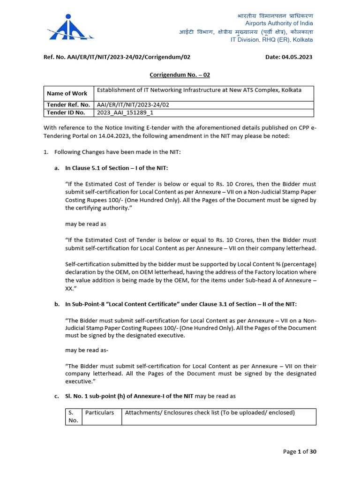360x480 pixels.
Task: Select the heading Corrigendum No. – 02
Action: coord(180,75)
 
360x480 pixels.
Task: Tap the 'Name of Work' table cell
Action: coord(67,93)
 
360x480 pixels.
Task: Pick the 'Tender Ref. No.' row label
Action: coord(68,105)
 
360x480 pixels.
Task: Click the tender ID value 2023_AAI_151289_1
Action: coord(125,112)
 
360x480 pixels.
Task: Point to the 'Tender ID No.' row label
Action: coord(66,112)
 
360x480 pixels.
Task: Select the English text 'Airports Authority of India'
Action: coord(279,23)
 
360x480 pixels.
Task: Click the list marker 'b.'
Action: coord(57,304)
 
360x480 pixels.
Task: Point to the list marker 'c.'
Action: coord(57,396)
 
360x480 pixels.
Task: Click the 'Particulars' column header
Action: coord(99,413)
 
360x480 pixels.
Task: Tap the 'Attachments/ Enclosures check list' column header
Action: coord(210,413)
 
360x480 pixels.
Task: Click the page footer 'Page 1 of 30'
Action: coord(300,451)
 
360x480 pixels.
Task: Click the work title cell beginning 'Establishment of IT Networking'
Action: coord(199,90)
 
